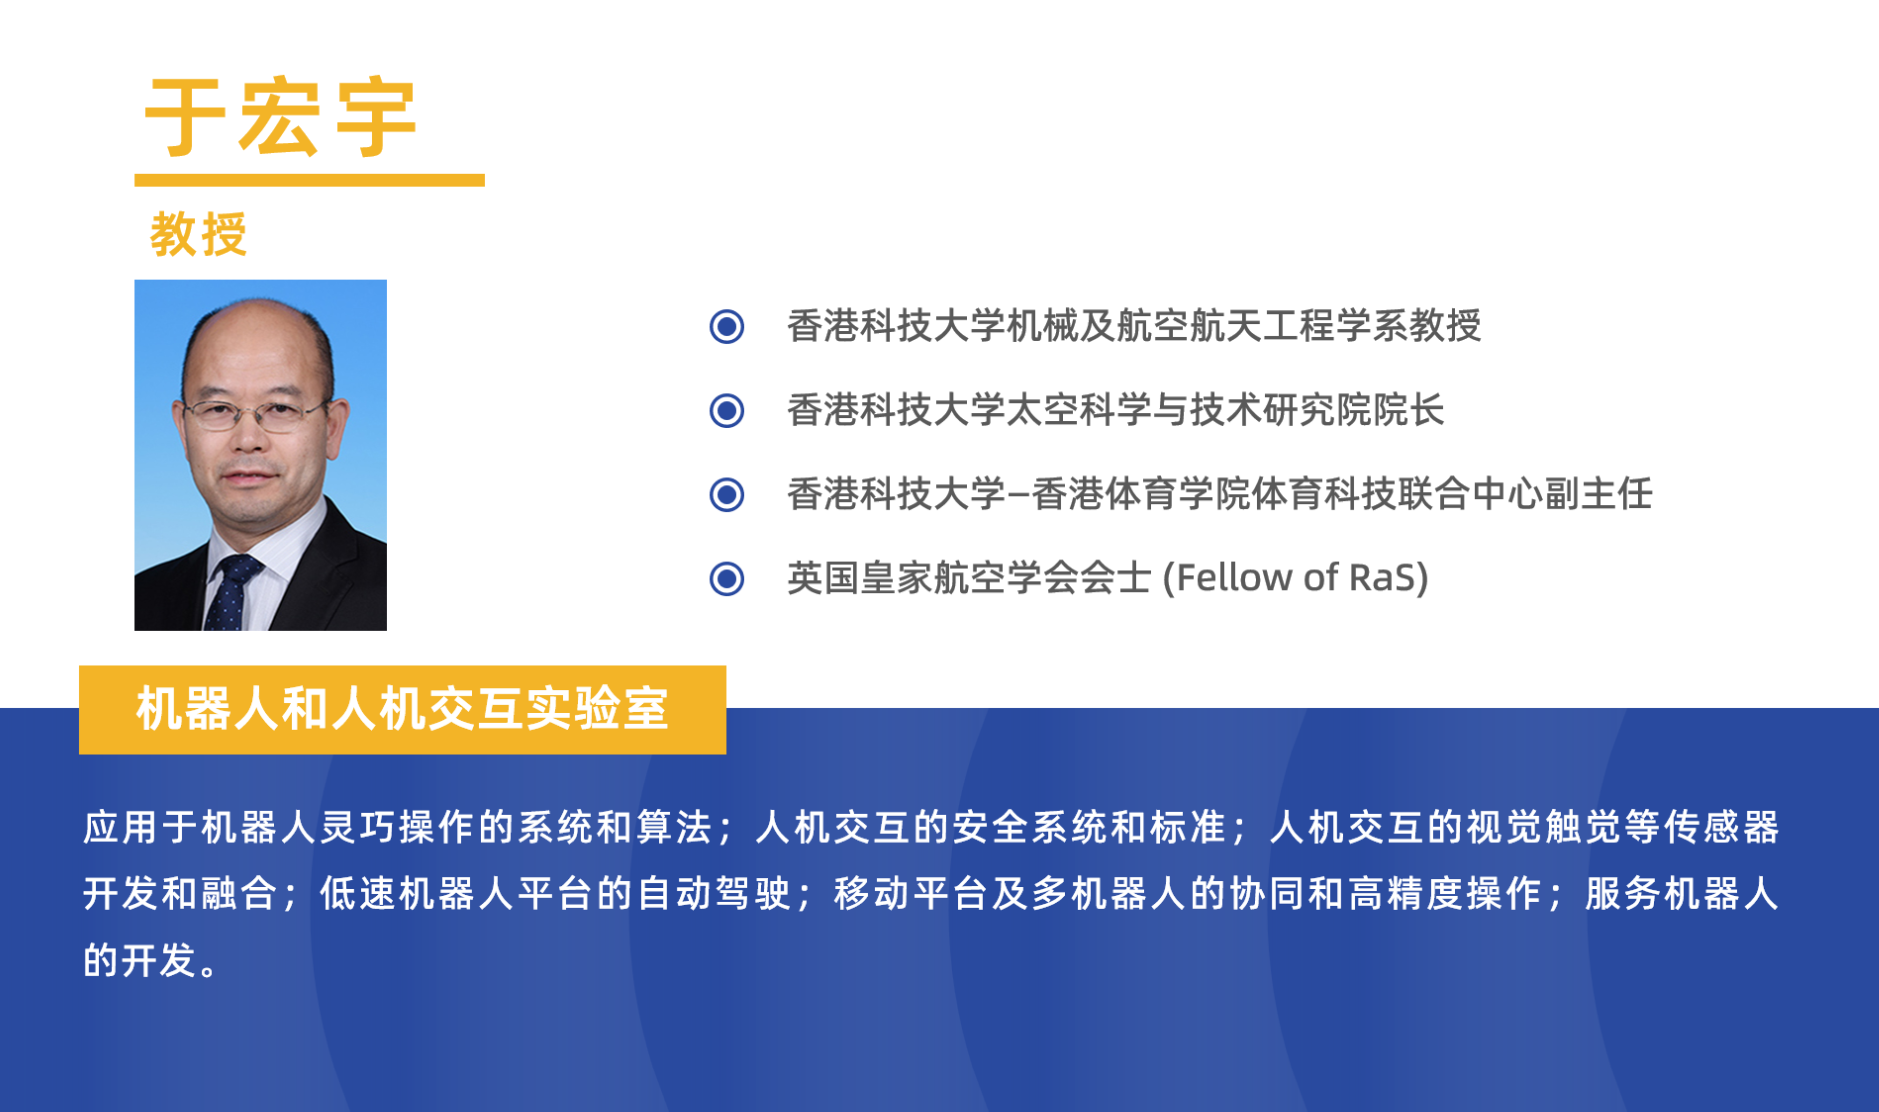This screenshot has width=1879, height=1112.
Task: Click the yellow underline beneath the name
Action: [x=310, y=180]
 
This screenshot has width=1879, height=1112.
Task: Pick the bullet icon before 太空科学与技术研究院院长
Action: [x=726, y=410]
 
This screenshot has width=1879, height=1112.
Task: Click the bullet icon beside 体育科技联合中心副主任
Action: [x=726, y=495]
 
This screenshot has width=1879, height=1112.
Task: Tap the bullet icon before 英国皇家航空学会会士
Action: [x=726, y=579]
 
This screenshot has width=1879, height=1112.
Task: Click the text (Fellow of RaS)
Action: [x=1295, y=579]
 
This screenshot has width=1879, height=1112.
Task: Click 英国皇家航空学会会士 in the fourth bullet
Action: [x=968, y=579]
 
